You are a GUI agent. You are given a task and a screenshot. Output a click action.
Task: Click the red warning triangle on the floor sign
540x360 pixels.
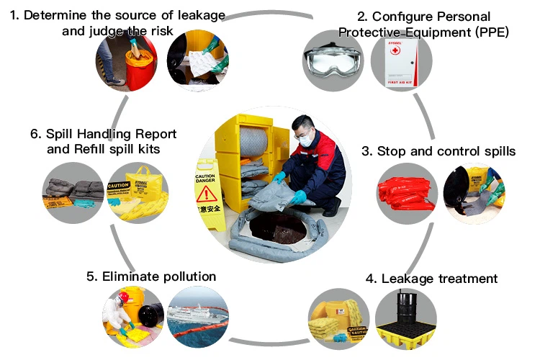[207, 194]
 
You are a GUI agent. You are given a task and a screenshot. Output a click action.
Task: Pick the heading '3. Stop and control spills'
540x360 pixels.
[438, 151]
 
